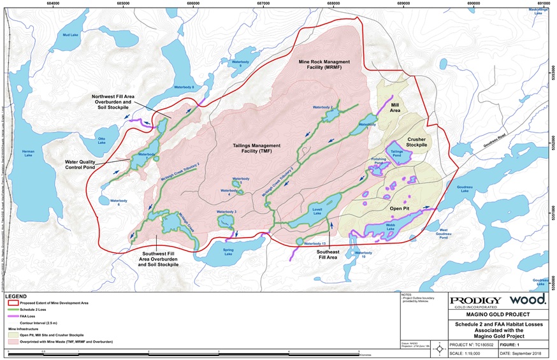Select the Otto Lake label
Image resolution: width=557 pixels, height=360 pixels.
(x=101, y=141)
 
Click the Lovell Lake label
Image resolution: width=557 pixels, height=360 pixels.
(x=319, y=210)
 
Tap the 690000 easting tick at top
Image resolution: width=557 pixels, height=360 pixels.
(x=473, y=3)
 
